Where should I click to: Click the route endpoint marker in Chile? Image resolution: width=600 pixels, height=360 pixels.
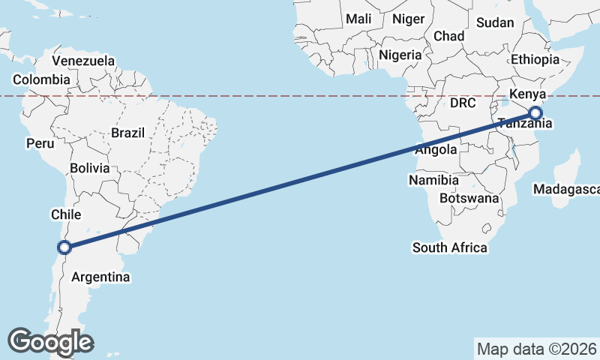[x=64, y=247]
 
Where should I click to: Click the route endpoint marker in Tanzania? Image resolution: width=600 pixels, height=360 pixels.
[x=535, y=113]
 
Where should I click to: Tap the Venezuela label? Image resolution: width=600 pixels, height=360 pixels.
[x=83, y=61]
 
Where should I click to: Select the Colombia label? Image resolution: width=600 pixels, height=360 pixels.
[x=41, y=79]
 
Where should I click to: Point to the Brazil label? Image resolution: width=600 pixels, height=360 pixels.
[x=127, y=133]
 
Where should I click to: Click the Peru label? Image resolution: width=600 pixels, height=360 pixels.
[x=39, y=142]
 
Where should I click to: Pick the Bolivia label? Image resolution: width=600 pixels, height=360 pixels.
[x=90, y=168]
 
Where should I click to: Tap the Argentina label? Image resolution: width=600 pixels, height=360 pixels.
[x=100, y=277]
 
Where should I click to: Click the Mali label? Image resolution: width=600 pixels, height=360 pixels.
[x=358, y=19]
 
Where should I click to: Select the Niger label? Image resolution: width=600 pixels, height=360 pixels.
[x=408, y=19]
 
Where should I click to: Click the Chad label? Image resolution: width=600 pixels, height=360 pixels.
[x=448, y=36]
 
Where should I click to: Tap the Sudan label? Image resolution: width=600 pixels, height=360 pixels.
[x=495, y=22]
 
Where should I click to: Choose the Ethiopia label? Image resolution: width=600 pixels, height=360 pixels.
[x=535, y=59]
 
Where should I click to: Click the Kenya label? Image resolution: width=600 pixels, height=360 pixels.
[x=526, y=95]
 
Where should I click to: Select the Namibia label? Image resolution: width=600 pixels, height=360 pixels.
[x=433, y=180]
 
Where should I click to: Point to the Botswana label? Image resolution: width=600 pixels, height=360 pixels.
[x=469, y=199]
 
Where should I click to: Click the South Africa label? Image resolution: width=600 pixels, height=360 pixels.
[x=449, y=247]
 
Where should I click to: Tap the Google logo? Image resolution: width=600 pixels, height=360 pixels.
[x=51, y=342]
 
